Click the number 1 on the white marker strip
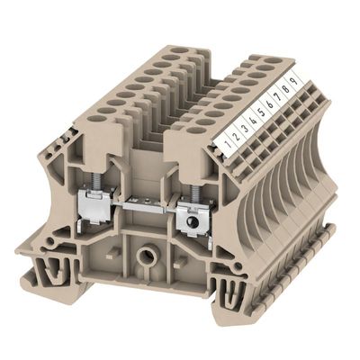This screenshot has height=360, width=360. coord(229,143)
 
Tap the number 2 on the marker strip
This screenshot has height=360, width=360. coord(237,136)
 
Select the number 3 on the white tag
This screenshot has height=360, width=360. coord(245,129)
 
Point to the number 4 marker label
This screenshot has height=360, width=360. coord(254,121)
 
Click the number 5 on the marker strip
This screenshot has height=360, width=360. coord(262,112)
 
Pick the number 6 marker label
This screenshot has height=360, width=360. coord(270,104)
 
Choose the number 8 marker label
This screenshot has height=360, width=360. coord(286,89)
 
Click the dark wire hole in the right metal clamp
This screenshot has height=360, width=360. coord(191,222)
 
